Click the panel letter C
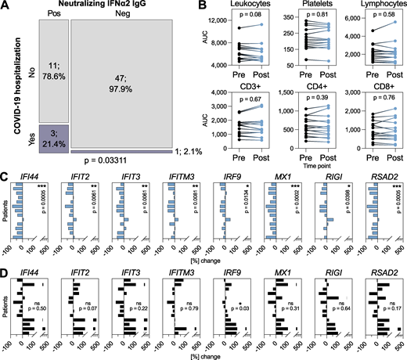(x=5, y=178)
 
